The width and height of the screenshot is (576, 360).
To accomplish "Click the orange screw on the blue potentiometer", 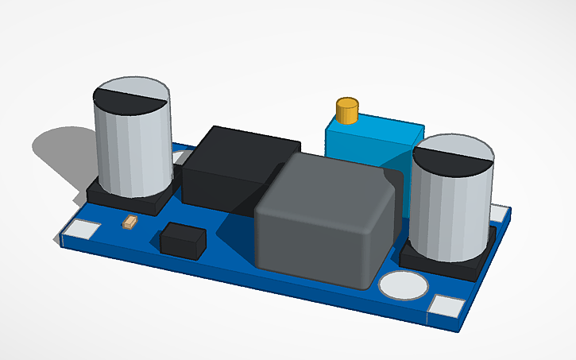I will pyautogui.click(x=347, y=110).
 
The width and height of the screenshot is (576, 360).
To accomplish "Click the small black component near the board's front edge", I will pyautogui.click(x=182, y=240).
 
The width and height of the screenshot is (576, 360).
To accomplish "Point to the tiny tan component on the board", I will pyautogui.click(x=130, y=223).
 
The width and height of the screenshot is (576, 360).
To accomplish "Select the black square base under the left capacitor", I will pyautogui.click(x=126, y=202).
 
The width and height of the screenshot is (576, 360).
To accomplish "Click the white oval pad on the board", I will pyautogui.click(x=403, y=285).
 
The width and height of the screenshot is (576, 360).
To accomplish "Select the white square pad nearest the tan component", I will pyautogui.click(x=82, y=231).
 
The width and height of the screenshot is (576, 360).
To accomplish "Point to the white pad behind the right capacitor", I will pyautogui.click(x=498, y=213).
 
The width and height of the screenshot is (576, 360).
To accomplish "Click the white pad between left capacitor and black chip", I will pyautogui.click(x=181, y=158).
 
